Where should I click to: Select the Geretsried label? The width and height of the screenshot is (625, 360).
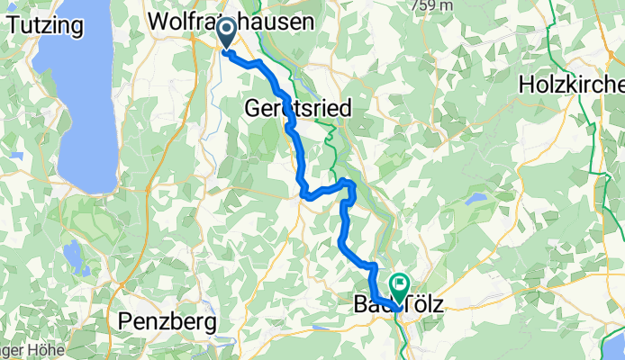[299, 108]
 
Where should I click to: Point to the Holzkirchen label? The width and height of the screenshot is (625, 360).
[572, 85]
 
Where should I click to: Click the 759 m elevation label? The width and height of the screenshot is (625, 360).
[432, 5]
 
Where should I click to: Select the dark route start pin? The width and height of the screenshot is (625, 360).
[225, 34]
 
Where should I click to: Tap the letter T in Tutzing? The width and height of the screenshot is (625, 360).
[11, 24]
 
